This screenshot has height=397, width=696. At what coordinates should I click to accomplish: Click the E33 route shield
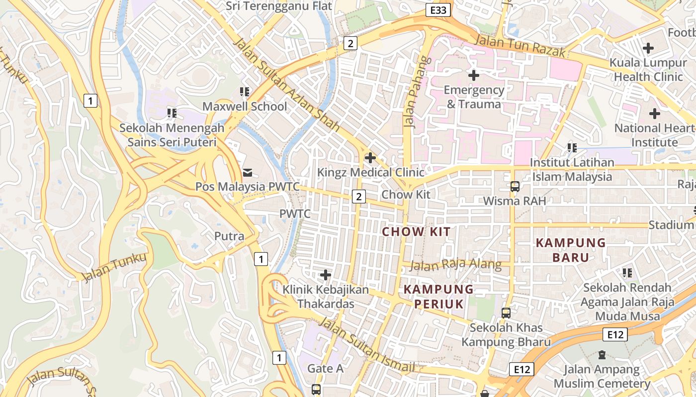pyautogui.click(x=438, y=9)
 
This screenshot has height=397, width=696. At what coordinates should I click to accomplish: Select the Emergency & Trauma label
pyautogui.click(x=474, y=97)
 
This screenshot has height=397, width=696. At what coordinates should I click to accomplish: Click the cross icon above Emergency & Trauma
pyautogui.click(x=474, y=75)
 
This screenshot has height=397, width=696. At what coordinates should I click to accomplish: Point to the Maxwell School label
pyautogui.click(x=245, y=106)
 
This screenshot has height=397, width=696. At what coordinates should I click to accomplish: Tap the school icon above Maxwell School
pyautogui.click(x=245, y=92)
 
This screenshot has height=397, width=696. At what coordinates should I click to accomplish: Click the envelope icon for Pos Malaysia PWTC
pyautogui.click(x=247, y=172)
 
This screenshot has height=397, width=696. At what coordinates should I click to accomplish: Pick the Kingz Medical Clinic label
pyautogui.click(x=371, y=172)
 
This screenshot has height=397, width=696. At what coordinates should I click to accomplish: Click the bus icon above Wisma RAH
pyautogui.click(x=515, y=187)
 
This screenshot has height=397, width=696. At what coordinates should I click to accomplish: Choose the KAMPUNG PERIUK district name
pyautogui.click(x=438, y=296)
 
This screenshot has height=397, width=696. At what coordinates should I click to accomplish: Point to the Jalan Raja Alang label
pyautogui.click(x=455, y=265)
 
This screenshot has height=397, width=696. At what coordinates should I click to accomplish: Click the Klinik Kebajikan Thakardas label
pyautogui.click(x=326, y=296)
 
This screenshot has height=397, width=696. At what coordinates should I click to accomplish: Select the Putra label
pyautogui.click(x=229, y=236)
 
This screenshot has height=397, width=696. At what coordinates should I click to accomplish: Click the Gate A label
pyautogui.click(x=325, y=368)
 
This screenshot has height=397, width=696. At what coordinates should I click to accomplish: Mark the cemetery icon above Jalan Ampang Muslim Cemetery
pyautogui.click(x=602, y=355)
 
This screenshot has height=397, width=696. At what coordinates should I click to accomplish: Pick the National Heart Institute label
pyautogui.click(x=654, y=135)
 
